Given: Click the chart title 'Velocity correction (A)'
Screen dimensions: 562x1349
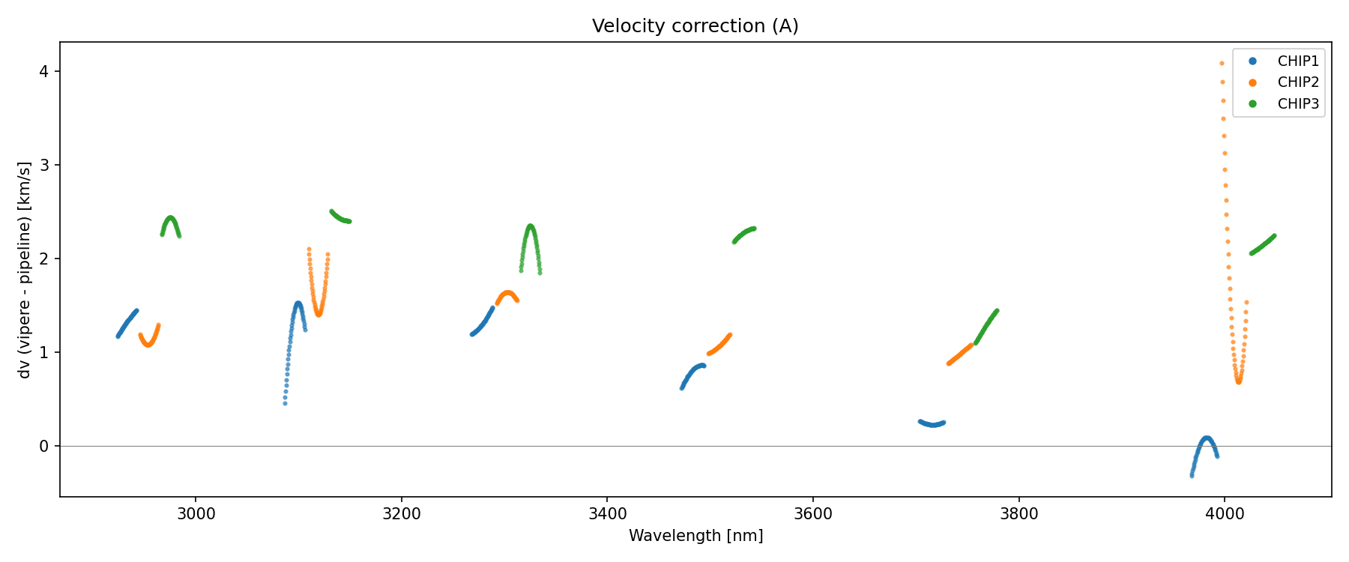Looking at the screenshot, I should pos(695,26).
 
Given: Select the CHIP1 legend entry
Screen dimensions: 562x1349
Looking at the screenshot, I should pos(1297,61).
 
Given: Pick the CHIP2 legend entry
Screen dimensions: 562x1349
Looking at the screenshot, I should pos(1297,82).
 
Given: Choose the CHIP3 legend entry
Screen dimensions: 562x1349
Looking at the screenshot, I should pos(1297,104).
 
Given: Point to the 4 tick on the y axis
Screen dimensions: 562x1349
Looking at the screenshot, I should pos(44,71).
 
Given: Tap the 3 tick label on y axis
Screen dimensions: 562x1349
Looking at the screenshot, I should pos(44,165).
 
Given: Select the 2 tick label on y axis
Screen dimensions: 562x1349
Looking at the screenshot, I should pos(44,259).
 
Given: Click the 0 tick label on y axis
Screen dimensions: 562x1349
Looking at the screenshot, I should pos(44,446).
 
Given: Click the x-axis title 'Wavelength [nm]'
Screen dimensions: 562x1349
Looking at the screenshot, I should pos(695,536).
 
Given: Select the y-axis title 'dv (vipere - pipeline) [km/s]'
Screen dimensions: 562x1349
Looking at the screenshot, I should pos(25,270).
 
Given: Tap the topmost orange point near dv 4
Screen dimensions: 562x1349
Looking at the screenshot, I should pos(1222,64).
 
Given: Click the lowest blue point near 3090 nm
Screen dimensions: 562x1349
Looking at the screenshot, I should pos(285,403).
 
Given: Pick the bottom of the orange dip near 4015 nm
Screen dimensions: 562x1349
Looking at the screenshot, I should pos(1238,381).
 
